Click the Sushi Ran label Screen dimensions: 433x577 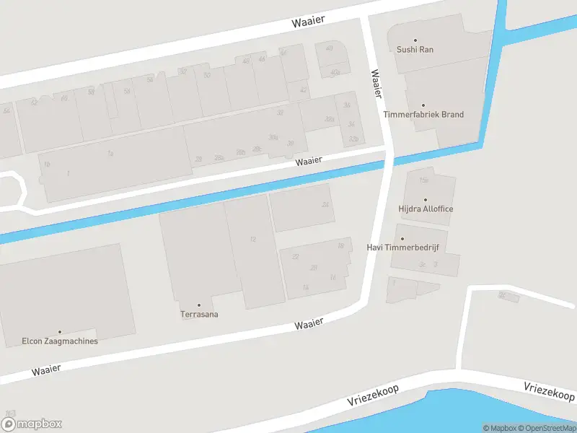click(415, 50)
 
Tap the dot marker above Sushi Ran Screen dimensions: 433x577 click(415, 40)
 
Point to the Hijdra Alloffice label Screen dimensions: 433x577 click(426, 209)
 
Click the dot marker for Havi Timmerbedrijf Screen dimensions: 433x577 click(402, 239)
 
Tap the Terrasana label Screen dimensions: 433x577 click(199, 314)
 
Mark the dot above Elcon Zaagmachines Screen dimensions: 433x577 click(60, 332)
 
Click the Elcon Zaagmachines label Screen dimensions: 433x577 click(60, 341)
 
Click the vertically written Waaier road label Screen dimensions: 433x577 click(376, 84)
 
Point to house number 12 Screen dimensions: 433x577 click(252, 239)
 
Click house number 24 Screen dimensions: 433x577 click(325, 205)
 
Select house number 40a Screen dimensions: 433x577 click(335, 72)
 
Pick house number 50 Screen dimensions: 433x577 click(206, 75)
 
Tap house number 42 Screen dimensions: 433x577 click(303, 90)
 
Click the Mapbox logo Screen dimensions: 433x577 click(32, 424)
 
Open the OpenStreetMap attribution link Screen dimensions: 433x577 click(547, 428)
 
